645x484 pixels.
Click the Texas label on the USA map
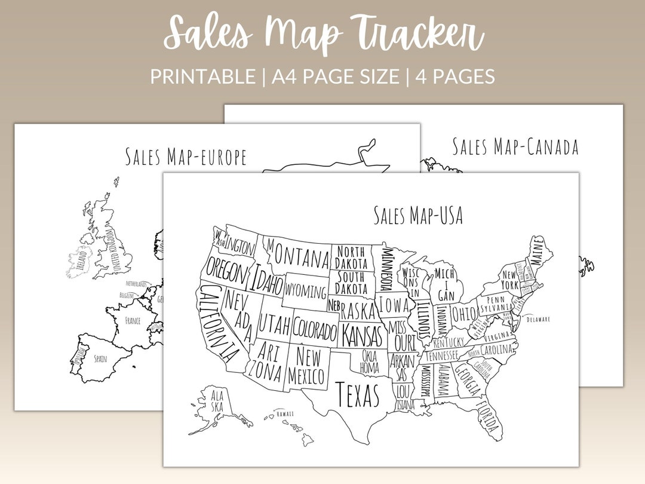coord(358,394)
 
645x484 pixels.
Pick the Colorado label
coord(315,330)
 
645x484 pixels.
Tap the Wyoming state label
coord(306,292)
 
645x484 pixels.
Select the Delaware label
coord(538,319)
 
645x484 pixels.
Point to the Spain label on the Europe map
coord(100,359)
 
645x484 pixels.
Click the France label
coord(133,321)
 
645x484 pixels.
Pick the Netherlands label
coord(137,284)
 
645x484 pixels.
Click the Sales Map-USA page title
coord(418,215)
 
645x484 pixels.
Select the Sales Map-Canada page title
coord(515,146)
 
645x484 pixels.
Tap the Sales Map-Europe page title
coord(186,157)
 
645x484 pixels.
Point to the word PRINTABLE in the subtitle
coord(202,76)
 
